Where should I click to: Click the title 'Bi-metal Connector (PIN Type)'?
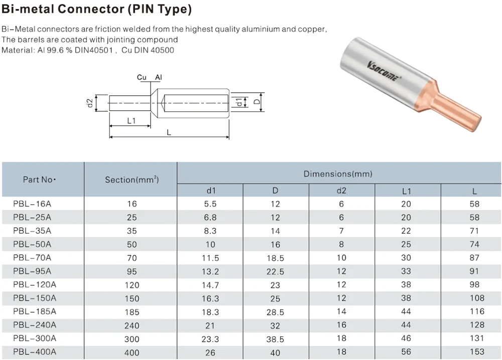(x=96, y=10)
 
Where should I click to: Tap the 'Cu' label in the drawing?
(x=142, y=77)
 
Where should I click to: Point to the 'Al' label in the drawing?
(x=159, y=77)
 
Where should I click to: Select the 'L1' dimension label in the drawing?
(x=131, y=121)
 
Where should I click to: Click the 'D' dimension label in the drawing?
(x=257, y=102)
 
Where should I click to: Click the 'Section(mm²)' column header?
(x=132, y=179)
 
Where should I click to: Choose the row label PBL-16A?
(x=32, y=204)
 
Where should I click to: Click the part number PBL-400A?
(x=35, y=352)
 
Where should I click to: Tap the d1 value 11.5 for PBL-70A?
(x=210, y=258)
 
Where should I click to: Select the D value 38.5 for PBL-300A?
(x=275, y=339)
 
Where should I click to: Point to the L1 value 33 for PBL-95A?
(x=406, y=271)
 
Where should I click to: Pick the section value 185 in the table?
(x=132, y=312)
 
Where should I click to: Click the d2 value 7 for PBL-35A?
(x=341, y=231)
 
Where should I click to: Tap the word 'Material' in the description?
(x=17, y=50)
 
